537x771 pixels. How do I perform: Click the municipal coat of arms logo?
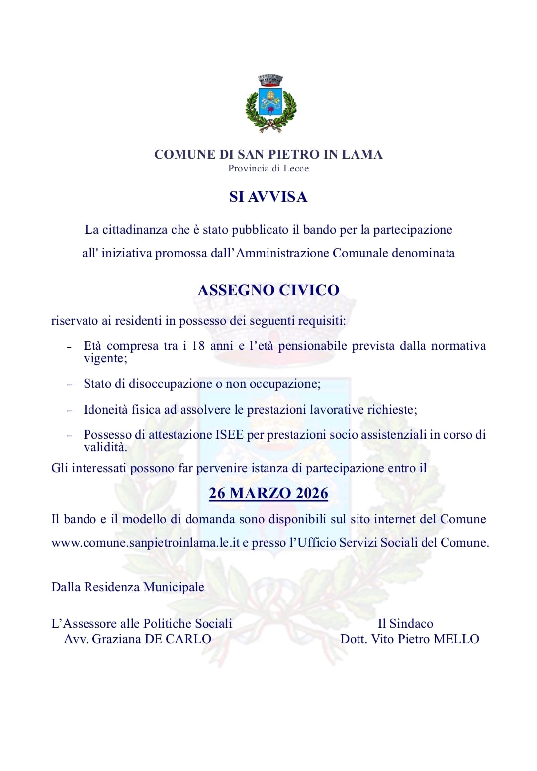click(271, 103)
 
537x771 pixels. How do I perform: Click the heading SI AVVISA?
click(268, 197)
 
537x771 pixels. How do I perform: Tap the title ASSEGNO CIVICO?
click(268, 290)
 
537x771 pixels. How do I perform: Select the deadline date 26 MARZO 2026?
click(268, 493)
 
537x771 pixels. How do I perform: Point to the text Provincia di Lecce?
click(268, 169)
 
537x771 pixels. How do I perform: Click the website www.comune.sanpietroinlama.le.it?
click(145, 543)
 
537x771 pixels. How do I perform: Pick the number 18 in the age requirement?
click(198, 346)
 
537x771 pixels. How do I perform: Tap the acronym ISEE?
click(229, 435)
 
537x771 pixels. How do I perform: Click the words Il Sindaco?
click(405, 624)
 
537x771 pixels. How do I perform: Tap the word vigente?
click(104, 359)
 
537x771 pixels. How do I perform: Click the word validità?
click(104, 447)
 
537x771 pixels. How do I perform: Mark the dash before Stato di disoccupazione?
click(70, 385)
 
